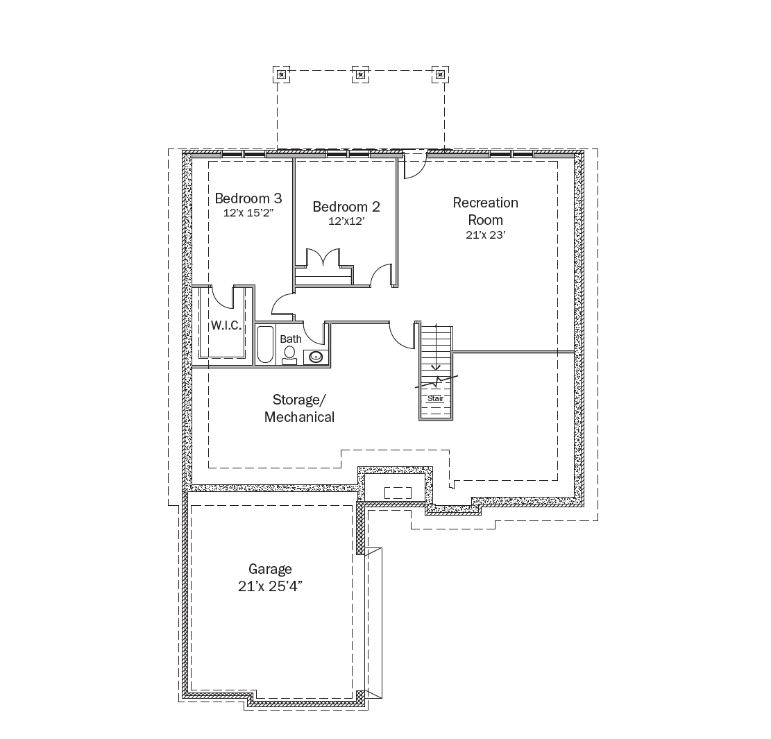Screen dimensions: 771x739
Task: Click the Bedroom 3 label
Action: click(248, 198)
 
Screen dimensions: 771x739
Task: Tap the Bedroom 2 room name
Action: click(346, 207)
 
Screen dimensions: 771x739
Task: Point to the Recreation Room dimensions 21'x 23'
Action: click(486, 235)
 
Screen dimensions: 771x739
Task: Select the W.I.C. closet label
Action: click(226, 325)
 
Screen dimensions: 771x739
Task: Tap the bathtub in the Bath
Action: click(265, 344)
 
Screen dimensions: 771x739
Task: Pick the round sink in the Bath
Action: click(316, 357)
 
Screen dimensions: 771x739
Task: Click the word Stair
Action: click(436, 398)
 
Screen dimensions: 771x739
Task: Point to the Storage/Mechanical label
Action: click(299, 408)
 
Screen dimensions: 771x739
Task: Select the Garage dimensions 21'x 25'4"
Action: click(270, 586)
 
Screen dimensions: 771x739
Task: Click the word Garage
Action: click(270, 570)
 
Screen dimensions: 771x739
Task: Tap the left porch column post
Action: click(281, 75)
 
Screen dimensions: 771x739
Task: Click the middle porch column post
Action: click(360, 75)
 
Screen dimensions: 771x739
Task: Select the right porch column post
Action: click(440, 75)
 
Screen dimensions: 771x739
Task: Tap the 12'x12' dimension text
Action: click(346, 221)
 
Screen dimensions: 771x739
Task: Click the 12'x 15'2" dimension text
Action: click(248, 213)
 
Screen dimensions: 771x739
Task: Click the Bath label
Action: click(291, 339)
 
